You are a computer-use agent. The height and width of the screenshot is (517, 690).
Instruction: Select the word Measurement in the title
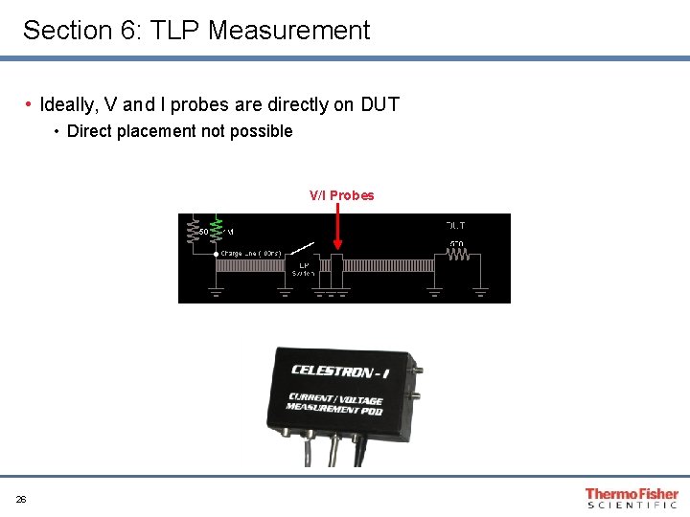[x=288, y=31]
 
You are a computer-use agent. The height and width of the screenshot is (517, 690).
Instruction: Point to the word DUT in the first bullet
[x=379, y=104]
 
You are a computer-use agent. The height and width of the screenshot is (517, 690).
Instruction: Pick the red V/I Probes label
[x=341, y=195]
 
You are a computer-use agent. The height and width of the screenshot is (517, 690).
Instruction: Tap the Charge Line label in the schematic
[x=251, y=254]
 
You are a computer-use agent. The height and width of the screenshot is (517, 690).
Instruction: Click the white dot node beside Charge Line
[x=217, y=254]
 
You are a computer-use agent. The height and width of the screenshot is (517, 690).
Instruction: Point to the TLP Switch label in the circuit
[x=303, y=269]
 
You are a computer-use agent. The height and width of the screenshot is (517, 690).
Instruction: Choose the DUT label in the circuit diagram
[x=455, y=226]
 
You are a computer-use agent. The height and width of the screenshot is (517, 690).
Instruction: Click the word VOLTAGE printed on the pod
[x=361, y=400]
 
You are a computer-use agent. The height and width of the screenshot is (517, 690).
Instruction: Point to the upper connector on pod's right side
[x=418, y=369]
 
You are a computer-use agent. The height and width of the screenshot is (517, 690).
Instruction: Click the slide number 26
[x=21, y=499]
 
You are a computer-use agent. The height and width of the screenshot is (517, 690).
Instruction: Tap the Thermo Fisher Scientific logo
[x=632, y=498]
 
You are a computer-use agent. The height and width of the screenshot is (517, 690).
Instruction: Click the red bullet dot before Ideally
[x=31, y=103]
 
